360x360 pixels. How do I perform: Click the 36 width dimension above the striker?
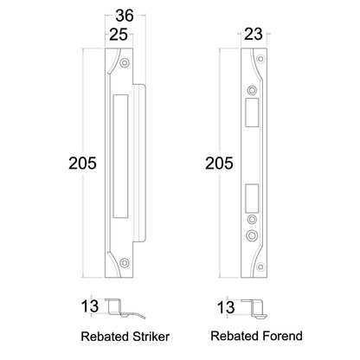tap(125, 15)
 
